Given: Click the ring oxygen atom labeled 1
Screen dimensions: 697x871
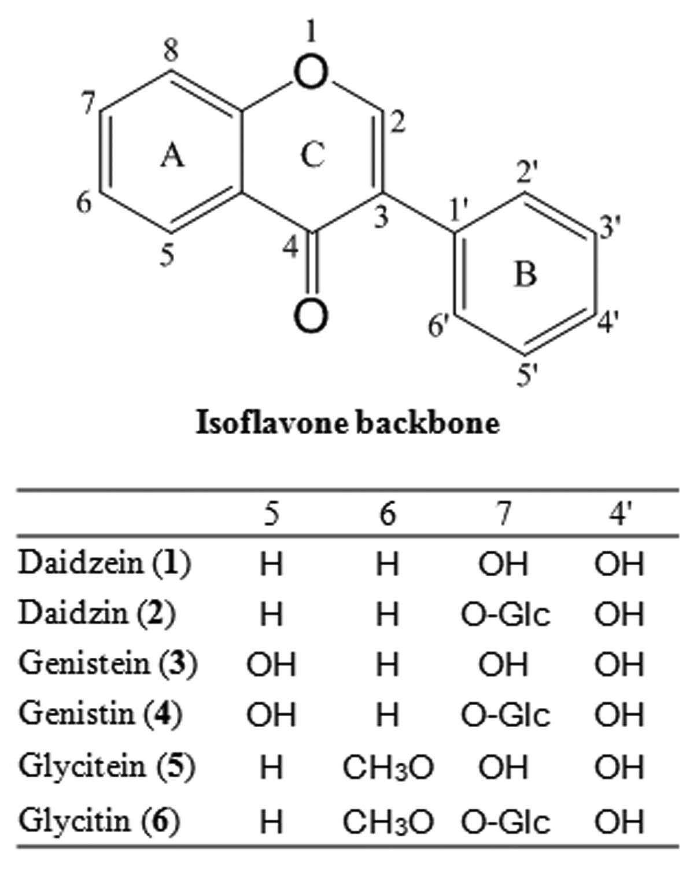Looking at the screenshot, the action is (x=311, y=74).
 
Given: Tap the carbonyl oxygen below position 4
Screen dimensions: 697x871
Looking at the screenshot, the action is (x=311, y=316).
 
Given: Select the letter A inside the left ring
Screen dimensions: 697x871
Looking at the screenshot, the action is (x=172, y=155).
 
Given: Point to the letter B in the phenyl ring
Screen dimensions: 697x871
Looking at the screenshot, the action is (x=525, y=274).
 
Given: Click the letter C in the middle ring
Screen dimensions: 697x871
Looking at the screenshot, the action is (x=312, y=155).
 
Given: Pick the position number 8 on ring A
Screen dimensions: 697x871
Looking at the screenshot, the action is (x=171, y=52).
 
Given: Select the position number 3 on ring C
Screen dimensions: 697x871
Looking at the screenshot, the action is (x=380, y=218).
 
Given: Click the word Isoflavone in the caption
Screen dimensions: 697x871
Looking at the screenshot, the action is (x=271, y=422).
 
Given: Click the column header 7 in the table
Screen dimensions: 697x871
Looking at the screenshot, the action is (x=504, y=513).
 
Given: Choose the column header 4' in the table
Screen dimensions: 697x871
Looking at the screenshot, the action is (x=619, y=513).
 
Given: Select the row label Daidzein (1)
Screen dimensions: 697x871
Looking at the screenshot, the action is (x=104, y=562).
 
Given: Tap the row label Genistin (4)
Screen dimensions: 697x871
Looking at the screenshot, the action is (x=100, y=714).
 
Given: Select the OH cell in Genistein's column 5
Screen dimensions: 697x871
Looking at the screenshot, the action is (x=271, y=665).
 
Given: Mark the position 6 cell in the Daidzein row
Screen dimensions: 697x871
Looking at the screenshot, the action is (x=388, y=564).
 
